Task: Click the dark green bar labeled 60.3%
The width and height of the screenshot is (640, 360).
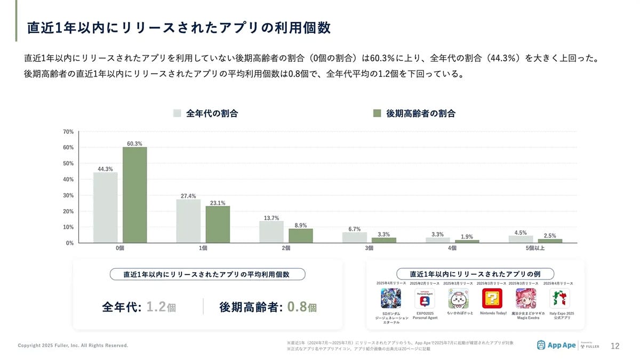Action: (134, 195)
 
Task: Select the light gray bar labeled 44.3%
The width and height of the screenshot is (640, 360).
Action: (105, 207)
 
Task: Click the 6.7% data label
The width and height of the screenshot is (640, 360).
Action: (355, 229)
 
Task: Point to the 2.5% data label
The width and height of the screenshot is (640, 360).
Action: (550, 235)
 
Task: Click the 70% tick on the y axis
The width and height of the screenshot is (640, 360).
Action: (68, 131)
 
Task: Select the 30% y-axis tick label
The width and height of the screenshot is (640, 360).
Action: (68, 195)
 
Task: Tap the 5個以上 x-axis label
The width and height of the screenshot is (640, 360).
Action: (535, 248)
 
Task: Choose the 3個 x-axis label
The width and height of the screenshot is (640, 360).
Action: (369, 248)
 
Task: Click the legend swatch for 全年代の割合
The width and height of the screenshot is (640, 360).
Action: (178, 113)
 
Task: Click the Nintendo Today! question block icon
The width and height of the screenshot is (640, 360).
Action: (492, 299)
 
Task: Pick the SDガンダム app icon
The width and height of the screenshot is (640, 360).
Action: (391, 299)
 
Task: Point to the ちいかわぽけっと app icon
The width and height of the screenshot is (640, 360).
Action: (459, 299)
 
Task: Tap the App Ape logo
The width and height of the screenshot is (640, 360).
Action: (556, 345)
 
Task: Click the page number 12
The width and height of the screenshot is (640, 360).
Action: (614, 346)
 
